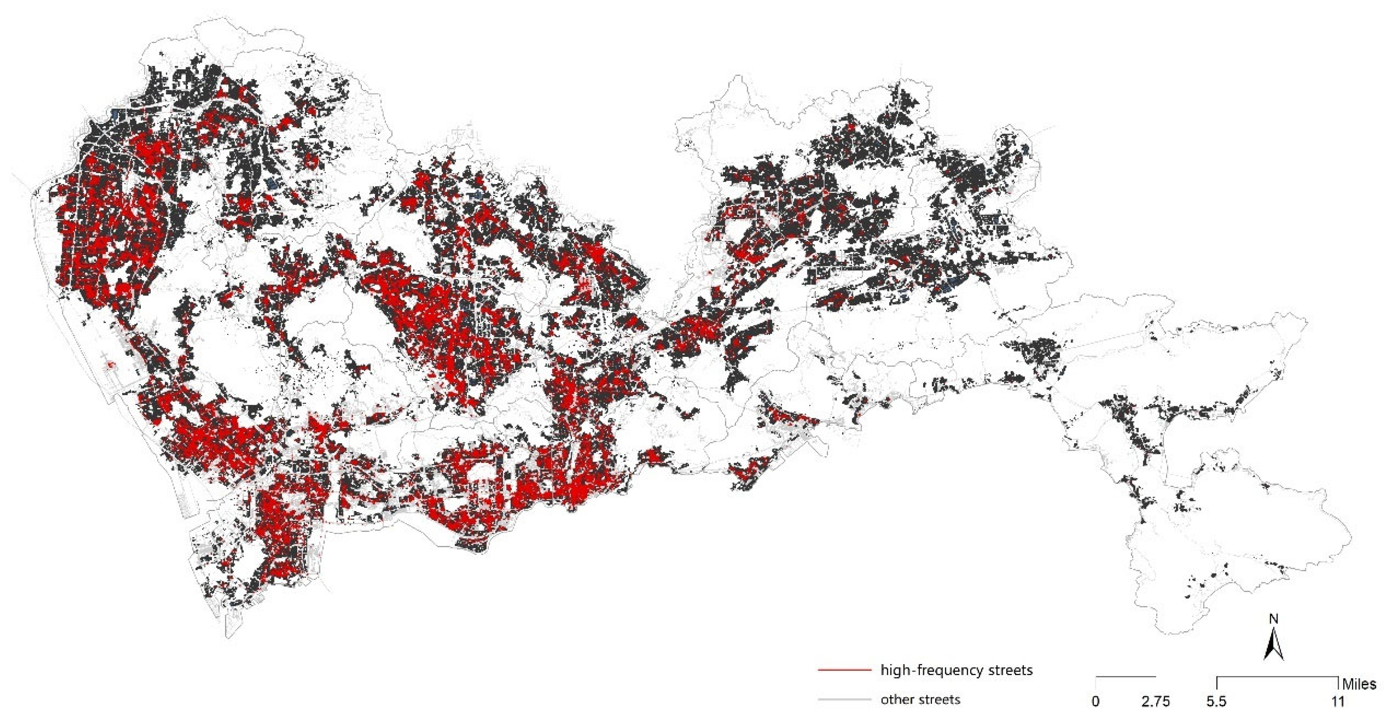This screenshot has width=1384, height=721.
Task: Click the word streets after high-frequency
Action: coord(1010,671)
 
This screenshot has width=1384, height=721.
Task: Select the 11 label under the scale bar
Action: coord(1337,701)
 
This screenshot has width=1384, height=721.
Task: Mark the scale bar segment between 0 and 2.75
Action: coord(1126,676)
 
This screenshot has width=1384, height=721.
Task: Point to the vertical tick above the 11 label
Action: coord(1337,683)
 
